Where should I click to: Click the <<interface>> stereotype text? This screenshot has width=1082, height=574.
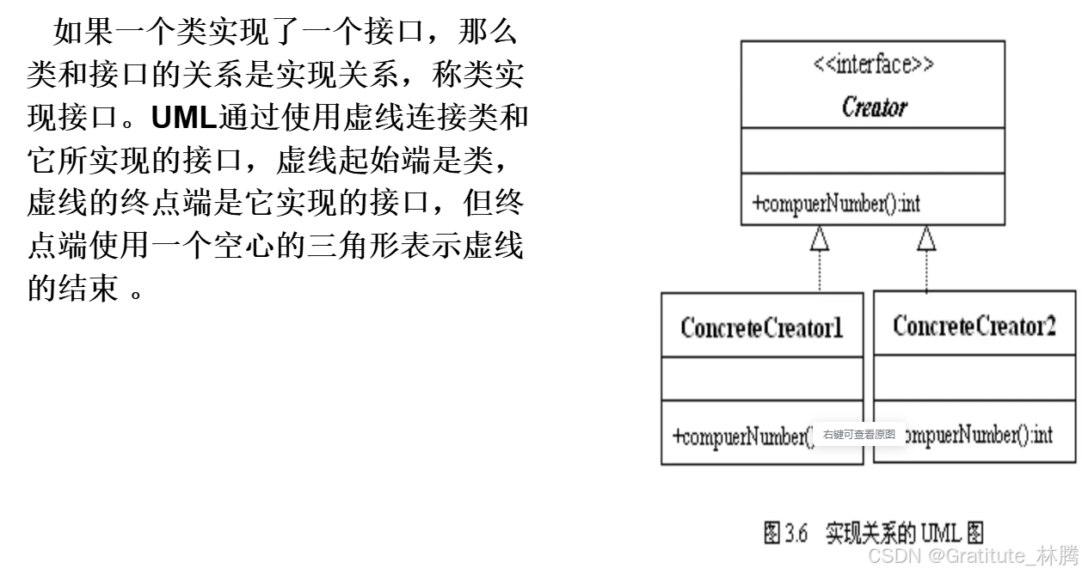[x=873, y=65]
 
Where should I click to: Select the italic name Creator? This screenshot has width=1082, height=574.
[x=873, y=107]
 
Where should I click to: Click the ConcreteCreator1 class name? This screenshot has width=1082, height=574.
[x=761, y=327]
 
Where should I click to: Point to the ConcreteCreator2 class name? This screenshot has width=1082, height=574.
[x=974, y=326]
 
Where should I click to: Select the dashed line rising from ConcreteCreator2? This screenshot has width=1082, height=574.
[x=926, y=272]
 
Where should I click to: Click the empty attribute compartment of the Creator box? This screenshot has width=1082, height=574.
[x=873, y=151]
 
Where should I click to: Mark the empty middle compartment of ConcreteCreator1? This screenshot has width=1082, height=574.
[x=761, y=378]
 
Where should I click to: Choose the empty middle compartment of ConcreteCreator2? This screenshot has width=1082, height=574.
[x=974, y=378]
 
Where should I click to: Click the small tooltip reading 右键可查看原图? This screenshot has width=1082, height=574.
[x=858, y=435]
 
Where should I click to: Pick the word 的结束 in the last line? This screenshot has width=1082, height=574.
[x=72, y=290]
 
